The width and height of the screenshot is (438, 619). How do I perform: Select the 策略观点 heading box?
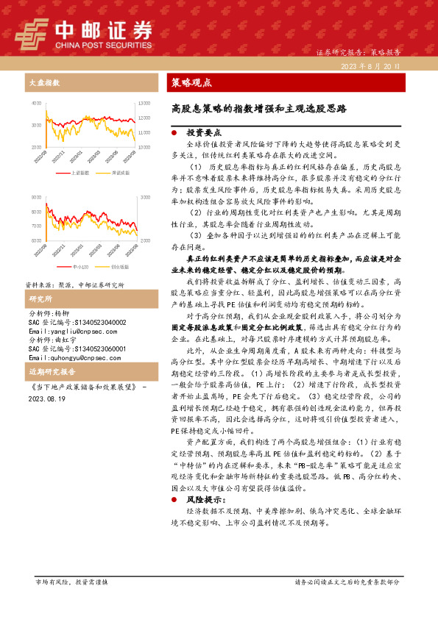click(x=191, y=82)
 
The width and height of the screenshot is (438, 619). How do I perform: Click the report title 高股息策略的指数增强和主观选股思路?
click(x=258, y=108)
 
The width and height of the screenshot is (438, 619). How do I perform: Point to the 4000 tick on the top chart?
click(x=36, y=104)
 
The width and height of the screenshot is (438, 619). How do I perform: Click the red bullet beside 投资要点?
click(x=172, y=134)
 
